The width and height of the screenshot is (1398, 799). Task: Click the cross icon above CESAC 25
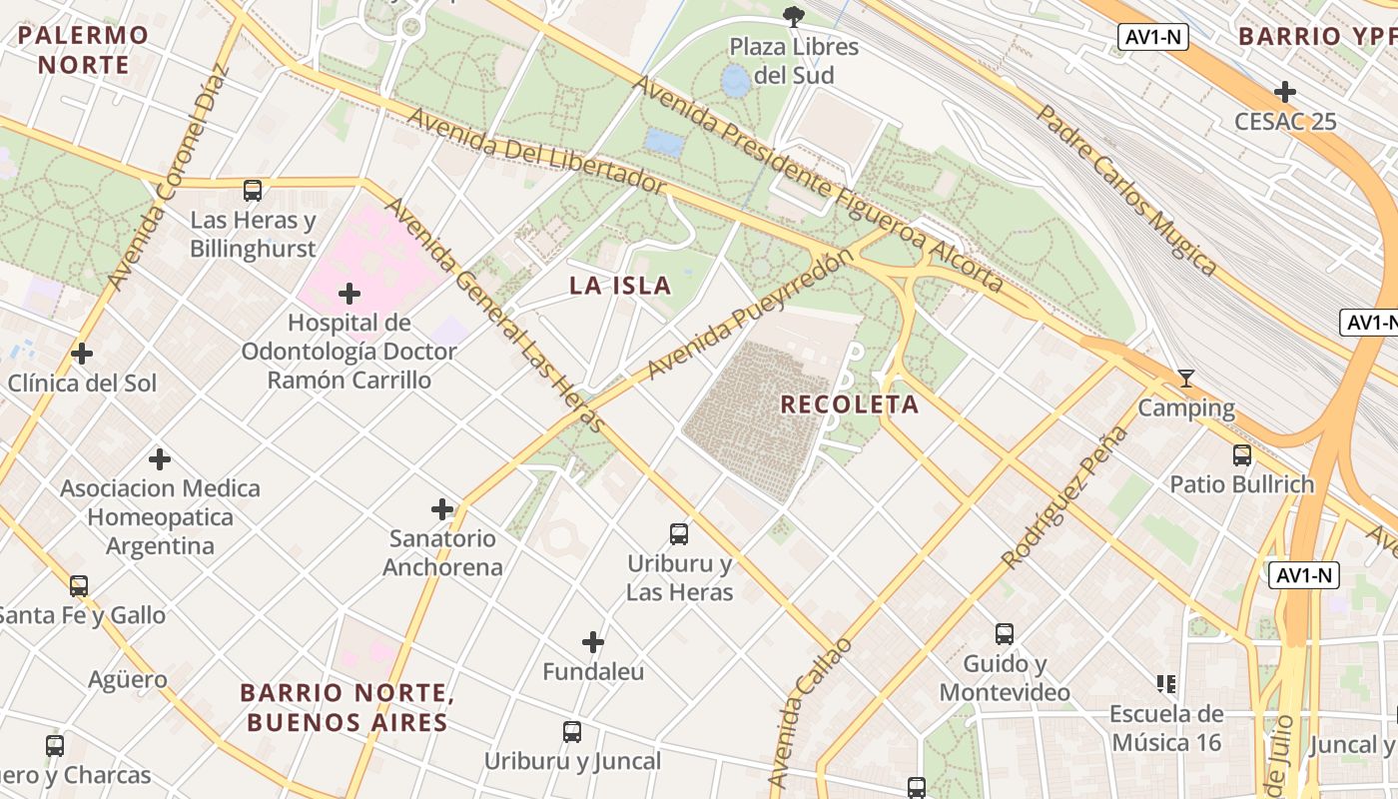pos(1284,92)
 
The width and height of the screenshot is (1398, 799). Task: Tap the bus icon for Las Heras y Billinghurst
pos(253,190)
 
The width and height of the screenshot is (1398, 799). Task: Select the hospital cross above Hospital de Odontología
pos(349,294)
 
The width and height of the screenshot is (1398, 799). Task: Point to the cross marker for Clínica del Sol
pos(82,354)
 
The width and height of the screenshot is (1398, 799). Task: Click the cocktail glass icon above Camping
pos(1186,379)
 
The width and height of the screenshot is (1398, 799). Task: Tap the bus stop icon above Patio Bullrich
pos(1241,455)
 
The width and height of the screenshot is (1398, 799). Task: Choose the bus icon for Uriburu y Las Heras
pos(679,534)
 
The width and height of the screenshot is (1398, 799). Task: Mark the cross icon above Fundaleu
pos(593,641)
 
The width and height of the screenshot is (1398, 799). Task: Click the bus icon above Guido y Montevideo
pos(1005,634)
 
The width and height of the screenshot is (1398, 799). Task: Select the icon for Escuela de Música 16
pos(1166,684)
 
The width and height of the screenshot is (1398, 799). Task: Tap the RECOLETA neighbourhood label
pos(850,404)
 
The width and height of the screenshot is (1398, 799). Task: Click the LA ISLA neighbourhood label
pos(620,286)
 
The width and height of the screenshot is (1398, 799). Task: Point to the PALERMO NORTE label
pos(83,50)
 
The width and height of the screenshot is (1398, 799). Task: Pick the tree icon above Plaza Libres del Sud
pos(794,16)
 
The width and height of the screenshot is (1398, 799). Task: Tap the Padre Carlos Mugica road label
pos(1125,190)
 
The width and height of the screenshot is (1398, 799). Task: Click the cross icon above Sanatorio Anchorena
pos(442,509)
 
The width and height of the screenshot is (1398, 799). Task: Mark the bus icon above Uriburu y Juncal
pos(572,732)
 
